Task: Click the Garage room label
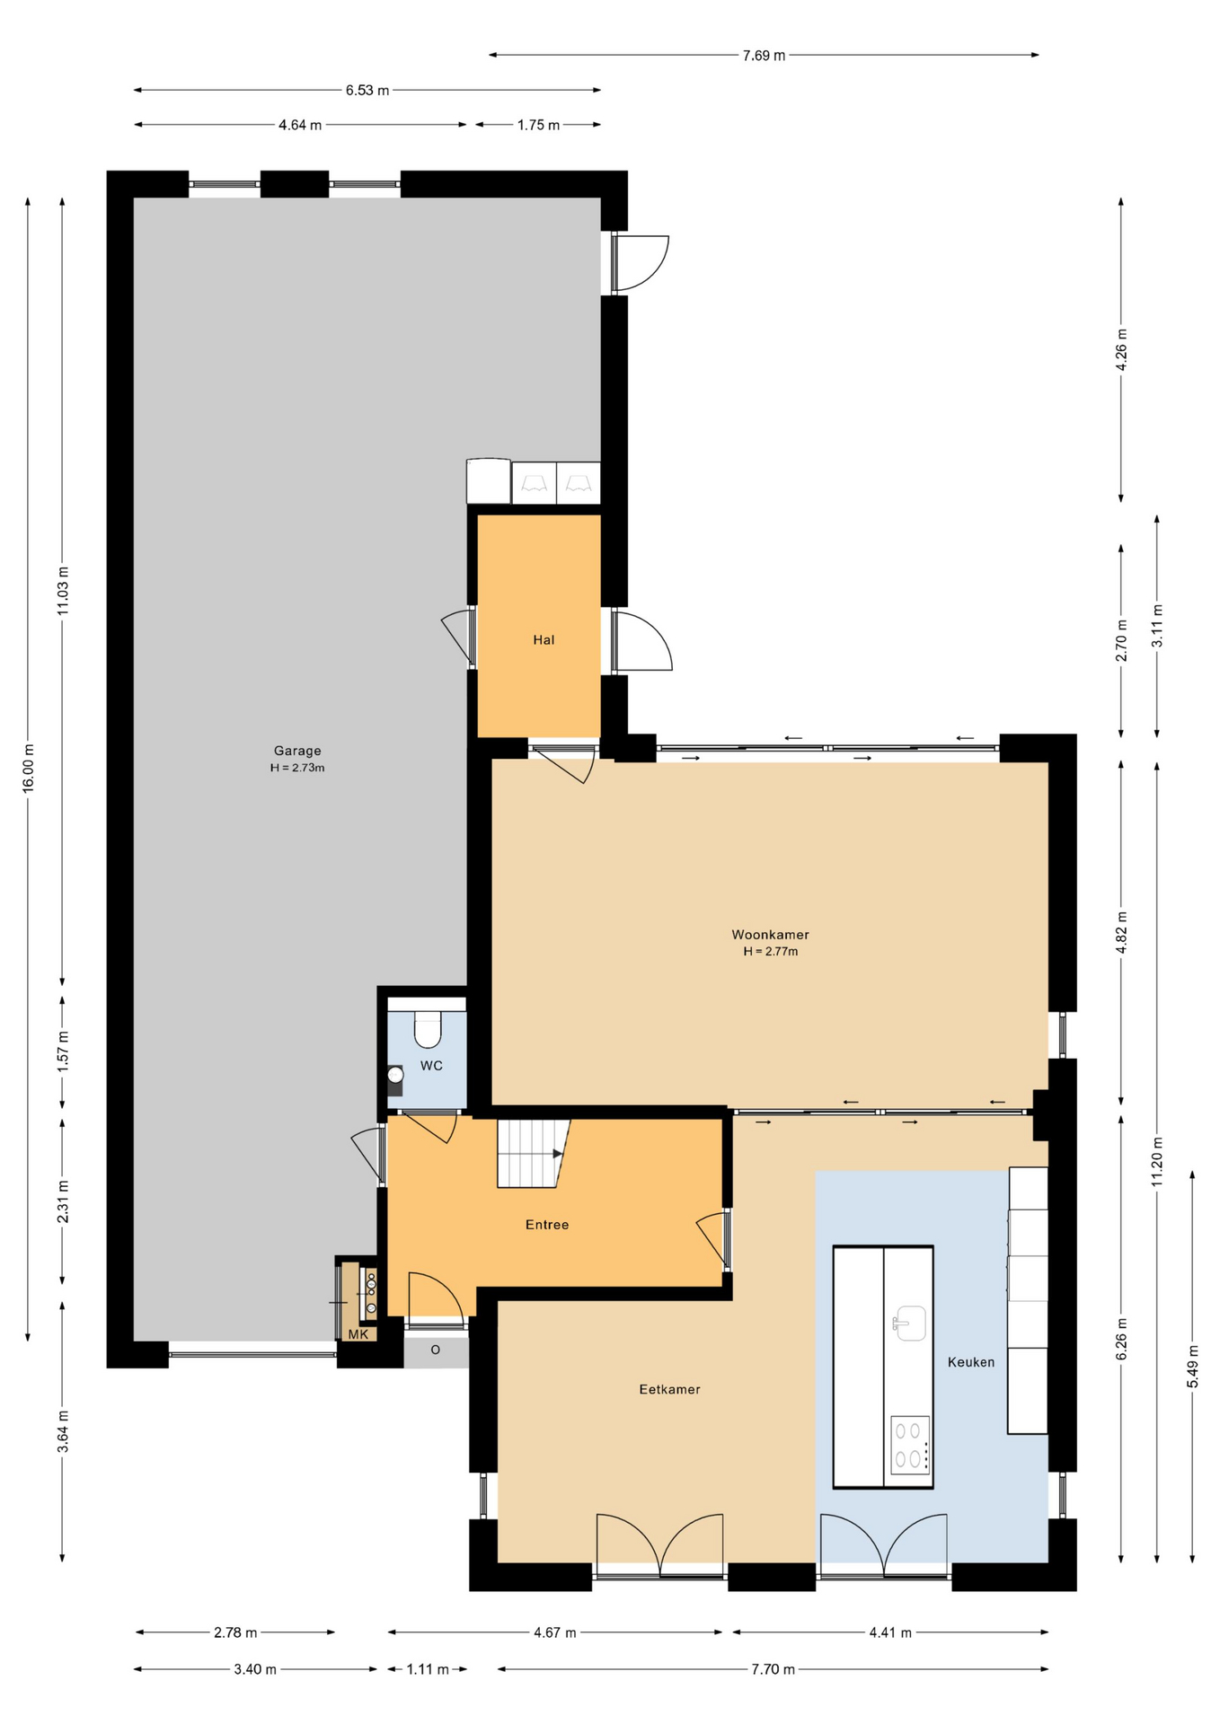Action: point(297,751)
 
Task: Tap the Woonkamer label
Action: point(770,935)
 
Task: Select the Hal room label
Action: point(544,639)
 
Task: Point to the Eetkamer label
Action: point(669,1389)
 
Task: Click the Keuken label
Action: point(971,1362)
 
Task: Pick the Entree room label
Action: point(547,1225)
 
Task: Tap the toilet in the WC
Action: point(429,1030)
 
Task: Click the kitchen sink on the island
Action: point(909,1323)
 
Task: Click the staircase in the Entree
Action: point(534,1153)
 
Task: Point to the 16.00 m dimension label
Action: point(28,768)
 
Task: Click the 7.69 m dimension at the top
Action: point(764,56)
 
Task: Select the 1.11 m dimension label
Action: point(428,1669)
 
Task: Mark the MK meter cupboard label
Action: point(358,1334)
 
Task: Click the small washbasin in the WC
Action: point(395,1075)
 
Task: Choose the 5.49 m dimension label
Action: point(1193,1367)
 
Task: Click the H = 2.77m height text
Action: point(770,952)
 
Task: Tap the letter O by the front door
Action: point(436,1350)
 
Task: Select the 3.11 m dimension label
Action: point(1157,626)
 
